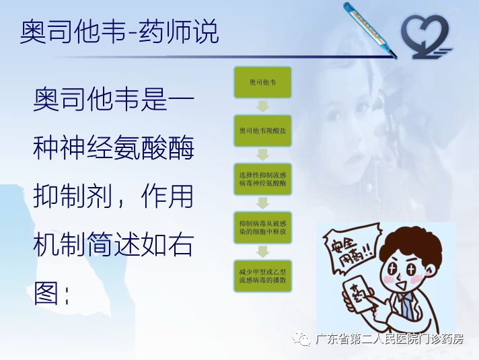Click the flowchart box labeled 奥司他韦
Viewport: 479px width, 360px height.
click(262, 82)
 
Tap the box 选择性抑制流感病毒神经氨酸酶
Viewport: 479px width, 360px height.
click(262, 178)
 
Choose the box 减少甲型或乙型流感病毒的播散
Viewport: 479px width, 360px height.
click(262, 275)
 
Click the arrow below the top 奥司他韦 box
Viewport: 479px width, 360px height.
click(262, 106)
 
